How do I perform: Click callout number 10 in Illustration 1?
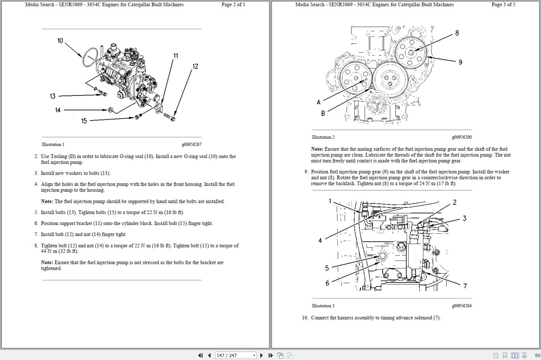coord(60,41)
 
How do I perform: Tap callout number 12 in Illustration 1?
coord(195,66)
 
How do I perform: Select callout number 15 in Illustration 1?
coord(84,121)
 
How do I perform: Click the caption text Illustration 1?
coord(53,145)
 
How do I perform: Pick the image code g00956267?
coord(192,145)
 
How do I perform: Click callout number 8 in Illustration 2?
coord(457,33)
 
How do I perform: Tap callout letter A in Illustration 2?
coord(318,102)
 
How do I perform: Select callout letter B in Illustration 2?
coord(323,113)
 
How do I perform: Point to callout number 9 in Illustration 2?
coord(460,62)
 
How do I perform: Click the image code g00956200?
coord(462,137)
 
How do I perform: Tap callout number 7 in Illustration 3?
coord(465,286)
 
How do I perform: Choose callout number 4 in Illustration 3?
coord(320,240)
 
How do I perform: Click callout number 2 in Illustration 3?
coord(455,202)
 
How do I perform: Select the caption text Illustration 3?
coord(323,306)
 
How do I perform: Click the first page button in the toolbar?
coord(200,355)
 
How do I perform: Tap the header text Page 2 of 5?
coord(233,5)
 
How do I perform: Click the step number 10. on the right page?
coord(305,318)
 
